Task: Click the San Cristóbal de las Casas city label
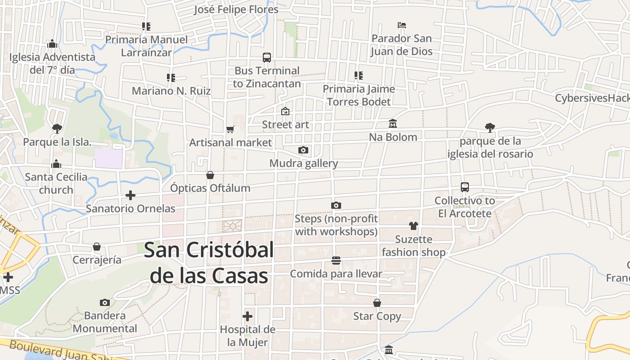[x=209, y=263]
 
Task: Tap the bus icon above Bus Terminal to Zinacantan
[x=267, y=58]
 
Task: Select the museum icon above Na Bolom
[x=393, y=124]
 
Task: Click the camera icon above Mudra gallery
[x=303, y=150]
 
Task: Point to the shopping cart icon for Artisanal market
[x=230, y=130]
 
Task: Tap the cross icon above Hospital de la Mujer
[x=247, y=316]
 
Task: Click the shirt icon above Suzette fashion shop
[x=414, y=226]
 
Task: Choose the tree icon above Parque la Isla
[x=57, y=129]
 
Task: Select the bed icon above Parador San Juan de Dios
[x=402, y=25]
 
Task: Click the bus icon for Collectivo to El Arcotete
[x=465, y=187]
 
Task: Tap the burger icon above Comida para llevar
[x=336, y=261]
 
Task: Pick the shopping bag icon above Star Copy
[x=377, y=303]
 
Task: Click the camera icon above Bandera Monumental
[x=105, y=302]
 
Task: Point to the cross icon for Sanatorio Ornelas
[x=130, y=195]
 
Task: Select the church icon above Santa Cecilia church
[x=56, y=164]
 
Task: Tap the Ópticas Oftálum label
[x=210, y=188]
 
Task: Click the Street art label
[x=286, y=125]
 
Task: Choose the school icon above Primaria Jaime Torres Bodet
[x=359, y=76]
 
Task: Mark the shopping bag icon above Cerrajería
[x=97, y=247]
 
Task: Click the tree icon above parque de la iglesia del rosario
[x=490, y=128]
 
